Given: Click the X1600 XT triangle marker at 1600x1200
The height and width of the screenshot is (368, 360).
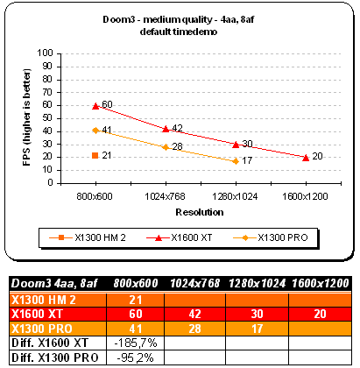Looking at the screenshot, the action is click(306, 158).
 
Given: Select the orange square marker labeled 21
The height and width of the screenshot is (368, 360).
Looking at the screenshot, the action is click(95, 155).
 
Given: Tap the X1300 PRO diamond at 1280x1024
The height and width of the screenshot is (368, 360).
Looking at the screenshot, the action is click(236, 161).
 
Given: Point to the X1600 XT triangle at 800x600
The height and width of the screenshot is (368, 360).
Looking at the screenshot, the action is click(95, 106).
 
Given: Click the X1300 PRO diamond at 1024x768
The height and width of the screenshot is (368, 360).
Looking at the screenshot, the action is click(166, 147).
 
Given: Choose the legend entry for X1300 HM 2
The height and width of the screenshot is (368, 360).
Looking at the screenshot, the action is click(88, 237).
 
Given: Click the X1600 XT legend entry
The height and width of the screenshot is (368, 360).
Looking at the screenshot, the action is click(180, 237).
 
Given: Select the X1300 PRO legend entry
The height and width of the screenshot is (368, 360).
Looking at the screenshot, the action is click(271, 237).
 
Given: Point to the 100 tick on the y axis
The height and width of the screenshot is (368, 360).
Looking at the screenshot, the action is click(45, 53).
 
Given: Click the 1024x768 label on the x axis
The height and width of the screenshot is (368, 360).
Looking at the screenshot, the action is click(166, 196).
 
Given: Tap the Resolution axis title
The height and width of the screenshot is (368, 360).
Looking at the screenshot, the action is click(200, 212).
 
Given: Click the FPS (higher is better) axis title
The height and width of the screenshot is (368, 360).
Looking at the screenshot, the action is click(26, 117).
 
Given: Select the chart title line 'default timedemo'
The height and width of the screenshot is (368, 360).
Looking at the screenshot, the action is click(179, 32).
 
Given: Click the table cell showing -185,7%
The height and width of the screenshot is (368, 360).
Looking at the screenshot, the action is click(136, 343).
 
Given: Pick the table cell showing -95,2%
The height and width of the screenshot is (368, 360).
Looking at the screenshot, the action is click(136, 357).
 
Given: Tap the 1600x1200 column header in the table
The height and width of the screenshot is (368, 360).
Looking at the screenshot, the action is click(321, 283).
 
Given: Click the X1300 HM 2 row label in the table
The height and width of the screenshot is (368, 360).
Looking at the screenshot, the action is click(44, 300).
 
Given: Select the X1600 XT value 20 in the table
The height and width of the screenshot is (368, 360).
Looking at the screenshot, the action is click(320, 314).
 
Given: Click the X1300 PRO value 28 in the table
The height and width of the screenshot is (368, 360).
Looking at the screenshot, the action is click(194, 329).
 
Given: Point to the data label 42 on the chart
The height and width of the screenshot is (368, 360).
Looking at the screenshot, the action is click(177, 128).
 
